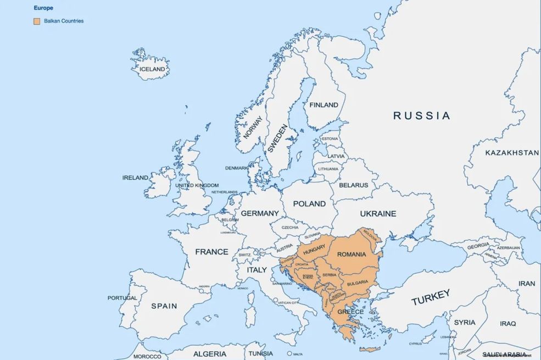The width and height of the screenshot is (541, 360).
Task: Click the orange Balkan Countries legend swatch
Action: click(x=37, y=21)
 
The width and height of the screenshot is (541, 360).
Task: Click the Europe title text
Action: click(x=43, y=8)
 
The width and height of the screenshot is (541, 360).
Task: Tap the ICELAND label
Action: click(x=152, y=69)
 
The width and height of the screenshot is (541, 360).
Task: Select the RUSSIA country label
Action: click(x=421, y=115)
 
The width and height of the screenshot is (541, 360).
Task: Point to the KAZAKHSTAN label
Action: click(x=511, y=153)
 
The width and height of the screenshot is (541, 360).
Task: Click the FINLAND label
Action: click(x=324, y=105)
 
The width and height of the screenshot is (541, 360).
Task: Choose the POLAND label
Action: click(x=309, y=203)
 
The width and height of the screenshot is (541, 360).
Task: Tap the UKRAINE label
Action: click(x=378, y=213)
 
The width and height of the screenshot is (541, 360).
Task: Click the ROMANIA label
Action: click(x=352, y=254)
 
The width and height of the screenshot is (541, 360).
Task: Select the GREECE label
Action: click(x=350, y=312)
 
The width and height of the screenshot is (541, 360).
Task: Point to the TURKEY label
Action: click(x=431, y=297)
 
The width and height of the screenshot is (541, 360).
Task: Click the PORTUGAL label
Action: click(x=122, y=298)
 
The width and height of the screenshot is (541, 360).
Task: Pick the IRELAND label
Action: click(x=135, y=178)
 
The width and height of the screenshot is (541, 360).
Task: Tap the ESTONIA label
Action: click(x=330, y=139)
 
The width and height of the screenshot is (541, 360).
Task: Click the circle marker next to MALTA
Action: click(x=289, y=354)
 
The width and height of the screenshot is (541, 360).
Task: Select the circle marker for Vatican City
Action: click(x=275, y=302)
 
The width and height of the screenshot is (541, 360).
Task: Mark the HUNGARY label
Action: click(x=314, y=248)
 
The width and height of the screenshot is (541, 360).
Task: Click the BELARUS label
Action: click(x=353, y=185)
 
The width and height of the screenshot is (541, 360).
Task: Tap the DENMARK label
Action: click(x=237, y=168)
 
